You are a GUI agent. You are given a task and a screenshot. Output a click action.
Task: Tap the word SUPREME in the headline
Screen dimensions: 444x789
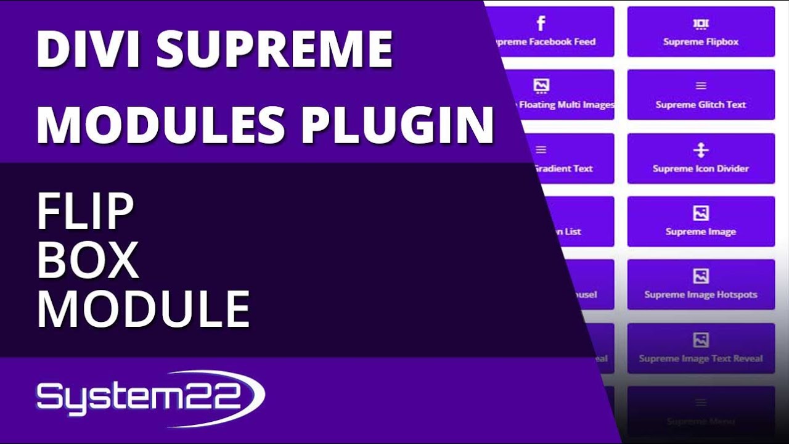click(274, 49)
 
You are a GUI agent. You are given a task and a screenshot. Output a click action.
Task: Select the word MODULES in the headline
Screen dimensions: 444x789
click(161, 124)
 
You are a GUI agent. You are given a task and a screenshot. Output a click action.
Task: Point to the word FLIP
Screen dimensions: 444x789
click(85, 212)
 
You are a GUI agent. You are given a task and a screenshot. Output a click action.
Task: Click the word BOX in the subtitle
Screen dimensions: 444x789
click(88, 260)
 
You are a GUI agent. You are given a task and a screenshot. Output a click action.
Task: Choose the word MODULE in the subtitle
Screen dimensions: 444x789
click(143, 309)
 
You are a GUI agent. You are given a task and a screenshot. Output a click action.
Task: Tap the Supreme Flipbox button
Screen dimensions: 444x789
click(701, 31)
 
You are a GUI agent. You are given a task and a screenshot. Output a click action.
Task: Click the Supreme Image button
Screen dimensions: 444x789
click(701, 221)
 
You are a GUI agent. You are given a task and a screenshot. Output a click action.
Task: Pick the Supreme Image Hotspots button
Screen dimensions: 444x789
click(701, 284)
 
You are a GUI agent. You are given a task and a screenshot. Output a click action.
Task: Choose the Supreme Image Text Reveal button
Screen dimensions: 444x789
click(701, 348)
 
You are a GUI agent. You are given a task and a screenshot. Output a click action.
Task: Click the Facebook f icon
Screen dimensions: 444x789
click(541, 24)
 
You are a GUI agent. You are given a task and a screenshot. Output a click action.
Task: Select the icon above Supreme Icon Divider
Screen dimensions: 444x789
click(701, 150)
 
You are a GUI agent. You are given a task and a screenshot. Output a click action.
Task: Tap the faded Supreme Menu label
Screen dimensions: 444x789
click(701, 422)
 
